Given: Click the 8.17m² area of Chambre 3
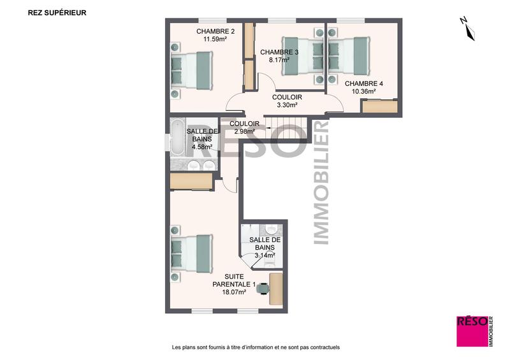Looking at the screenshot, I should point(279,61).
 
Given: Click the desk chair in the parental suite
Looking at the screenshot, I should point(262,289).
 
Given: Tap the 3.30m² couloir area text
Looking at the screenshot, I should point(286,105).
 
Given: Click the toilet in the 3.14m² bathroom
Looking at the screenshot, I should point(272,230).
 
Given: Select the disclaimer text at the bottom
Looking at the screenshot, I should point(256,347).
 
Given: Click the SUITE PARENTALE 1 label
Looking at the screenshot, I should point(234,280).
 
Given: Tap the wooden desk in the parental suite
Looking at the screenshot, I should point(276,288).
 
